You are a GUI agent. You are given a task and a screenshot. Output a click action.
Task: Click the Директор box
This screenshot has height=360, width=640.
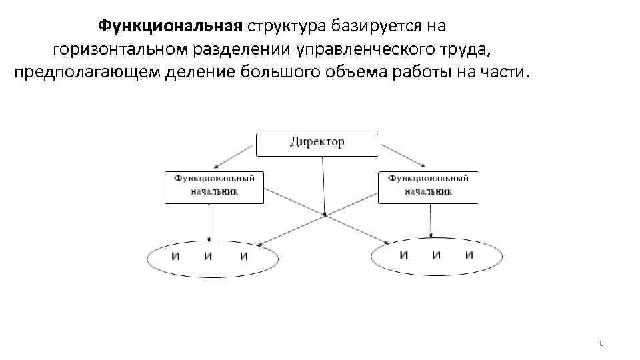coord(317,143)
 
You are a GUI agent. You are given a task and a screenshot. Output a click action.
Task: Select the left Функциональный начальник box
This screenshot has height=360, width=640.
coord(214,186)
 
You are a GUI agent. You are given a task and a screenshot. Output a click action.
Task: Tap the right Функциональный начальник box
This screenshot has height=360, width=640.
coord(428,186)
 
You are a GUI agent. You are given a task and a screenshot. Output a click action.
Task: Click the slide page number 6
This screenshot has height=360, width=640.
coord(601,343)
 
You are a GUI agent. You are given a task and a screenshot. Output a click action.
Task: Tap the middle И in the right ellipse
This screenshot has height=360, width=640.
coord(436,255)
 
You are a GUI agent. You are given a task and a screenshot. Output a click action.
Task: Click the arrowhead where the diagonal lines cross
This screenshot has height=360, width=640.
coord(325,214)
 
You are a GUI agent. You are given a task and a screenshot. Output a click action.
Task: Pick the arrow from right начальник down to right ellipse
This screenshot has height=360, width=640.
coord(431,220)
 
